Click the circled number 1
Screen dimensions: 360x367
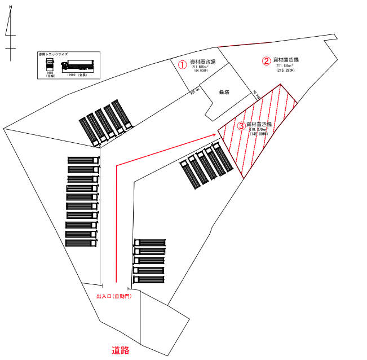click(x=182, y=64)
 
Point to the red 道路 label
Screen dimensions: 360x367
click(x=121, y=350)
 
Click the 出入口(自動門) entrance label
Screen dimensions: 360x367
click(x=114, y=296)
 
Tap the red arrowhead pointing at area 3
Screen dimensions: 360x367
click(x=214, y=134)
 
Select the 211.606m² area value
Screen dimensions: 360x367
click(x=201, y=67)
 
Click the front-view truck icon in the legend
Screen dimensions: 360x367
click(x=49, y=64)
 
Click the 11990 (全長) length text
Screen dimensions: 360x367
click(x=75, y=74)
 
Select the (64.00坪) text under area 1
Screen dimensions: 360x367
click(x=201, y=71)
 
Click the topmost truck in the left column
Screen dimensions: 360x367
click(x=83, y=161)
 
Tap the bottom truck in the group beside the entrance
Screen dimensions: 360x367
click(x=149, y=280)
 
